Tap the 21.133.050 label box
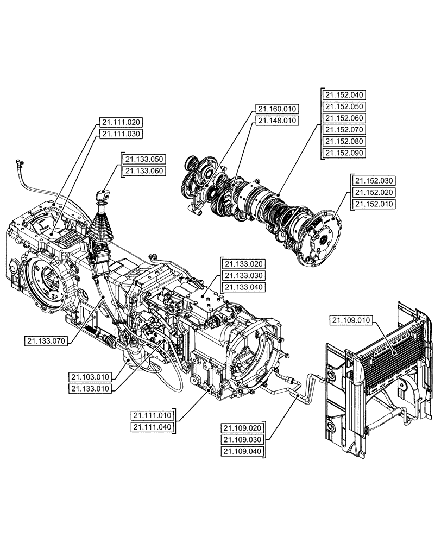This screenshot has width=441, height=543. [x=144, y=159]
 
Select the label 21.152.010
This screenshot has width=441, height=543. [x=374, y=204]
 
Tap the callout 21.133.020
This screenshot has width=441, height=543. [x=244, y=264]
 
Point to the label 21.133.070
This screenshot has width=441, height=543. [x=46, y=341]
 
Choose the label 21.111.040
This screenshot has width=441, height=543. [x=152, y=427]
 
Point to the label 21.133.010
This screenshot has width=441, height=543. [x=90, y=388]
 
